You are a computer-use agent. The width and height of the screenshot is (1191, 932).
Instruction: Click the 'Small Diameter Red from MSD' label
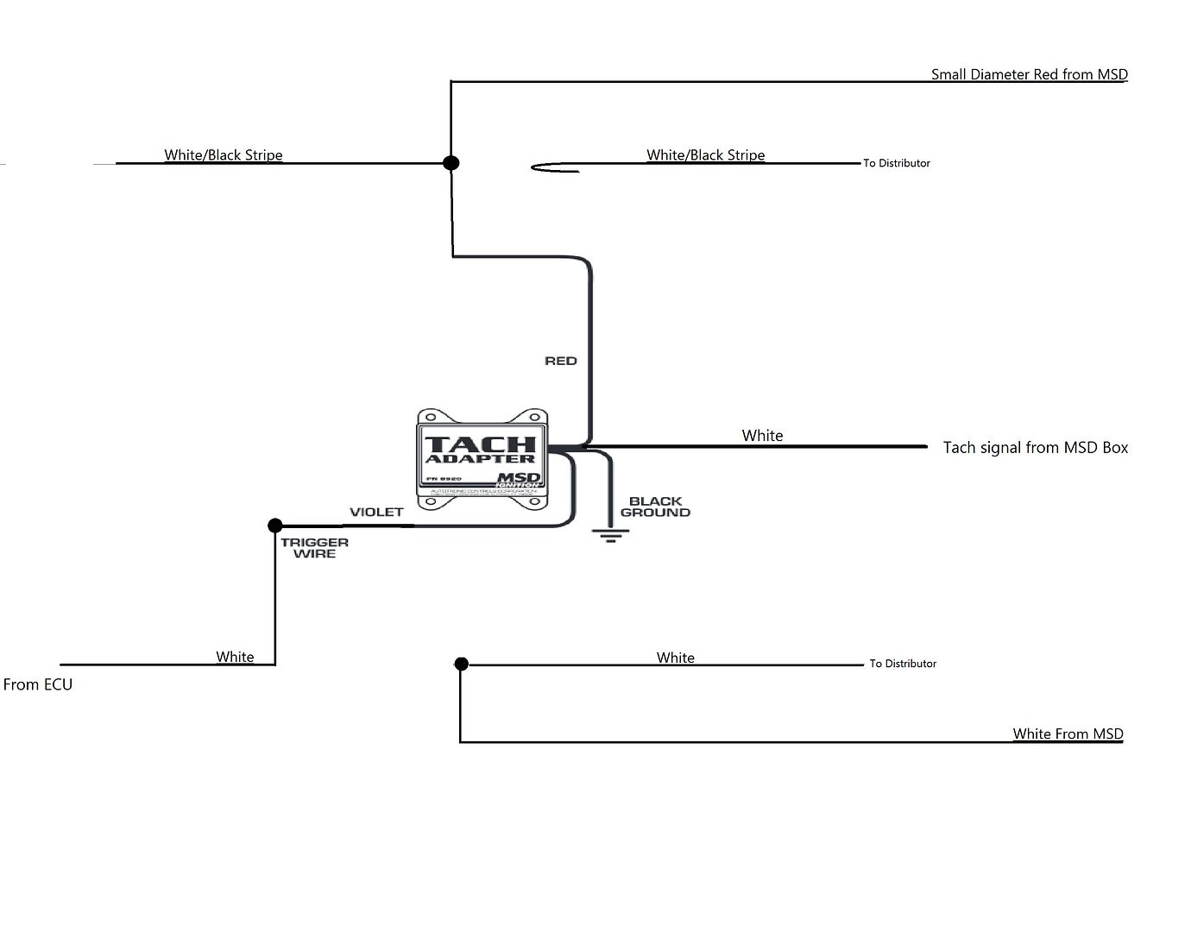(x=1029, y=74)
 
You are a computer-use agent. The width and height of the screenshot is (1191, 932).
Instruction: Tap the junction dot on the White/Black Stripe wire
(x=451, y=162)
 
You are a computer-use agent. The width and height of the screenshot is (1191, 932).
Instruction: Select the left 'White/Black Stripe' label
(x=224, y=155)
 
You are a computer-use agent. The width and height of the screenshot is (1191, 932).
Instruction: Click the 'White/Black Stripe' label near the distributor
(x=705, y=155)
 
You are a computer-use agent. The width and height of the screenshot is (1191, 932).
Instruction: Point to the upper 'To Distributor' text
(x=897, y=163)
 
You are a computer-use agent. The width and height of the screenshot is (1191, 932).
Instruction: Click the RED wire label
(x=560, y=361)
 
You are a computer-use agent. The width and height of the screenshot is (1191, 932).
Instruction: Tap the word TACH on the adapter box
(x=480, y=444)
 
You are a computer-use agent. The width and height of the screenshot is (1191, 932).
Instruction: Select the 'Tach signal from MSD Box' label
(x=1035, y=447)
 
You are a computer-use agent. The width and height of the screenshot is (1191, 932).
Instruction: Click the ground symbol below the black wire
(x=610, y=535)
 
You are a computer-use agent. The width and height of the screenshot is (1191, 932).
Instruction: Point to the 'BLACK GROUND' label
(x=655, y=507)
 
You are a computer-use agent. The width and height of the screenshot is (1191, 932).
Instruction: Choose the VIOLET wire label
(x=376, y=512)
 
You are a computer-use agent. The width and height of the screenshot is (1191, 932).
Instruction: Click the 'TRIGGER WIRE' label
(x=314, y=548)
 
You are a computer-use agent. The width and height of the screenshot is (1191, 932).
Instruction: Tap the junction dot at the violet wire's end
(x=275, y=525)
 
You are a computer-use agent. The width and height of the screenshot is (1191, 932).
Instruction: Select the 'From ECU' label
(x=38, y=684)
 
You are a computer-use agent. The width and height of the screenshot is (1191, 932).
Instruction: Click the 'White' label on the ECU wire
(x=235, y=657)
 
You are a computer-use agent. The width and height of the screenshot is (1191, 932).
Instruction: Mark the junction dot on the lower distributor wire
(x=461, y=664)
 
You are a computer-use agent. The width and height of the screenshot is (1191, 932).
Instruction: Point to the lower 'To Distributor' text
(x=903, y=664)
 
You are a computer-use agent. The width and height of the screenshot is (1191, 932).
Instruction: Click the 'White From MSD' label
(x=1068, y=734)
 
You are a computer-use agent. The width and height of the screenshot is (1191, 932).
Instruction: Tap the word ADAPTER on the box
(x=480, y=459)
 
